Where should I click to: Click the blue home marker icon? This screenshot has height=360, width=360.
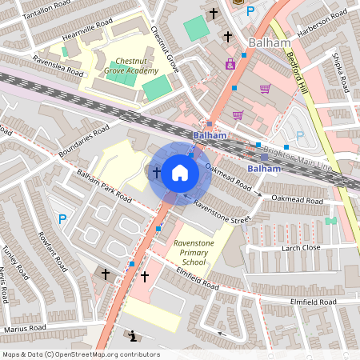(179, 172)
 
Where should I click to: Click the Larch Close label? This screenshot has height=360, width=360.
(301, 249)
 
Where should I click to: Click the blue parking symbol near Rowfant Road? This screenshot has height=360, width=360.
(62, 218)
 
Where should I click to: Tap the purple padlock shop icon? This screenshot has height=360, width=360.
(230, 64)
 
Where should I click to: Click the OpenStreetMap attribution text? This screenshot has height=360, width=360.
(80, 354)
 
